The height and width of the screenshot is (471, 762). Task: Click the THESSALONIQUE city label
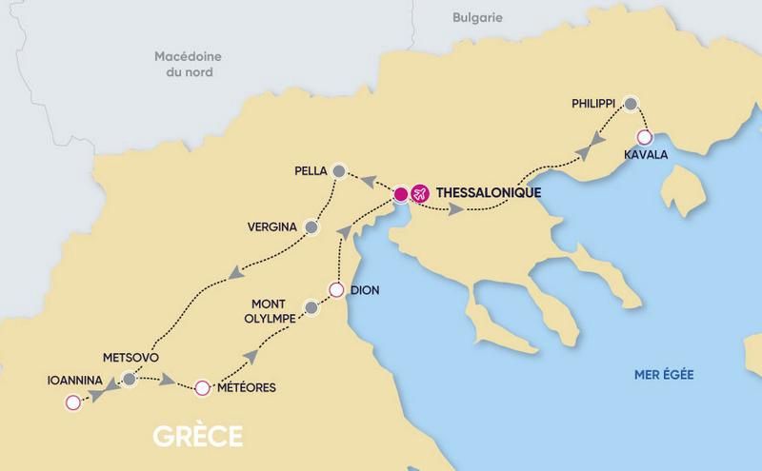tap(488, 193)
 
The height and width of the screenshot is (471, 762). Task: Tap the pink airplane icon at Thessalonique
tap(419, 194)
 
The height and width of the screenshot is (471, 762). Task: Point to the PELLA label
tap(311, 171)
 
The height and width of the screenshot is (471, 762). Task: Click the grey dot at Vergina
tap(311, 226)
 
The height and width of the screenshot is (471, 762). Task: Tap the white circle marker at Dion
tap(335, 290)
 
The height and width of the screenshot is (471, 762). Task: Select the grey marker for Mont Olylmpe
tap(310, 307)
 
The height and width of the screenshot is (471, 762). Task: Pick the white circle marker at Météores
tap(201, 387)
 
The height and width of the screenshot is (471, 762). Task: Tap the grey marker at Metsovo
tap(129, 381)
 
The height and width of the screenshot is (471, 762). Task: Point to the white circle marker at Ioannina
tap(71, 403)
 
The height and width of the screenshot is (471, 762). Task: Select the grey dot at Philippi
tap(630, 103)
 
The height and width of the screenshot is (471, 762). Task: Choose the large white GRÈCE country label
tap(198, 438)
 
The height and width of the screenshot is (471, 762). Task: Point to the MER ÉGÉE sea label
tap(664, 375)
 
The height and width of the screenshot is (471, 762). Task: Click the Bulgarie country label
tap(476, 17)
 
